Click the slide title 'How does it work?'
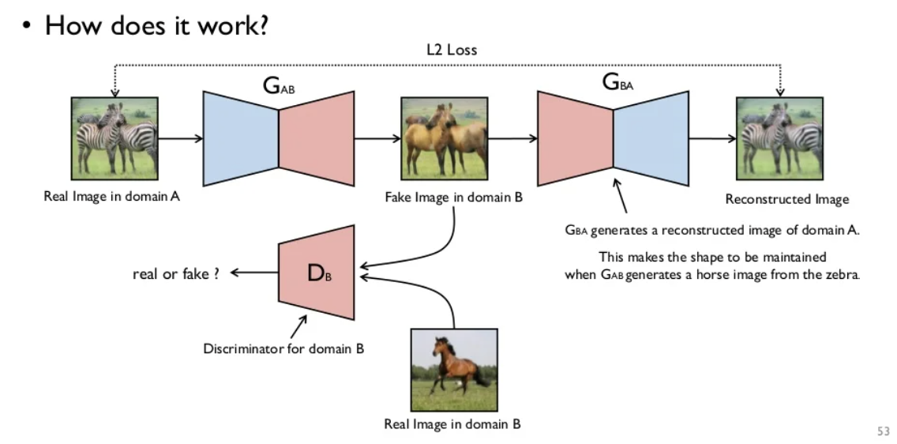156,25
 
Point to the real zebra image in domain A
114,136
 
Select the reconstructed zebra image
779,137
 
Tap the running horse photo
453,368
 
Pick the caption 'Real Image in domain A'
111,196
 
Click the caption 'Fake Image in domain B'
453,198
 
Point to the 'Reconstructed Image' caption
787,199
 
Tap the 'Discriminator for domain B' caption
283,348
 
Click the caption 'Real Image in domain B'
452,424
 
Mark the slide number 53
883,431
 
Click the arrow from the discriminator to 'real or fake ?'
253,273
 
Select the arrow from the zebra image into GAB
181,137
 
